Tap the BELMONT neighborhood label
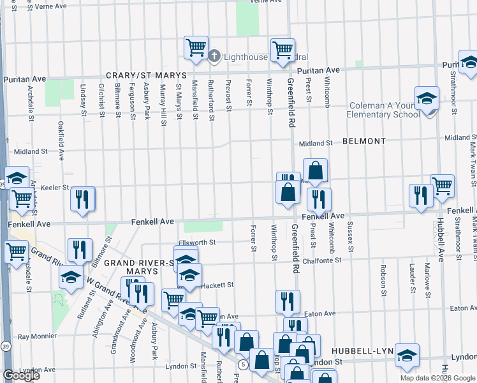[x=364, y=141]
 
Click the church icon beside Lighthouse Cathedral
[x=214, y=57]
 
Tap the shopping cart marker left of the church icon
[x=196, y=47]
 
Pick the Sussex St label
[x=349, y=236]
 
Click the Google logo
[x=21, y=375]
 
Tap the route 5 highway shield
[x=243, y=364]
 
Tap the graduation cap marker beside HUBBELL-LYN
[x=407, y=356]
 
